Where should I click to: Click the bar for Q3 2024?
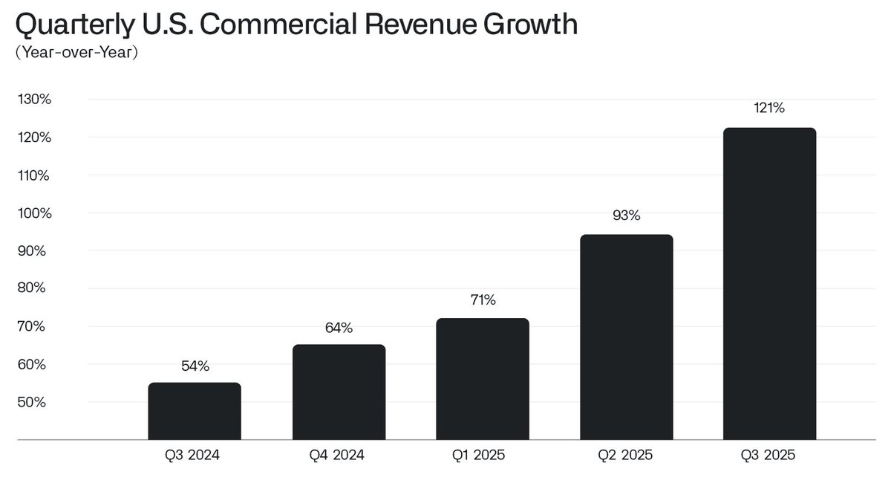pyautogui.click(x=195, y=411)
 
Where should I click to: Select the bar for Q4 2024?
pyautogui.click(x=339, y=392)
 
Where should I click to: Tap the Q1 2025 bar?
pyautogui.click(x=483, y=379)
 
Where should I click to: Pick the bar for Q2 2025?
pyautogui.click(x=627, y=337)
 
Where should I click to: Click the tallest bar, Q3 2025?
pyautogui.click(x=769, y=284)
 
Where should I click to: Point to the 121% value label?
pyautogui.click(x=769, y=108)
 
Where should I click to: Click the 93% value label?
pyautogui.click(x=627, y=216)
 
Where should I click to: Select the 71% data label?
pyautogui.click(x=483, y=300)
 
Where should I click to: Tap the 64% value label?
pyautogui.click(x=339, y=328)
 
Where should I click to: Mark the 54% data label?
pyautogui.click(x=195, y=366)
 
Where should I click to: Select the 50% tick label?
pyautogui.click(x=35, y=402)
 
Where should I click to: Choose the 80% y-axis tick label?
pyautogui.click(x=35, y=288)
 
